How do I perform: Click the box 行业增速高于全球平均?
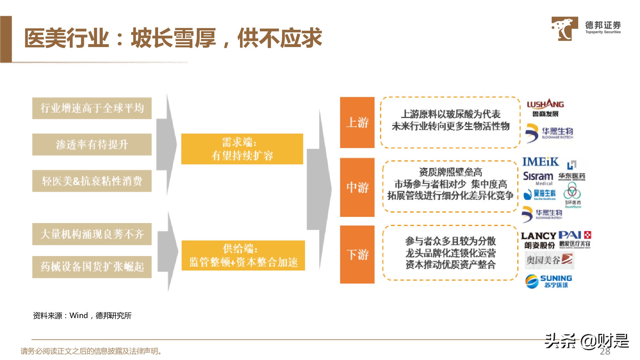[92, 108]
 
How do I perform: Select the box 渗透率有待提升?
[92, 145]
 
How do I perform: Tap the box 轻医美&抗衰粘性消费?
[92, 181]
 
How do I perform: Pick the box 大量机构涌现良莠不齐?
[92, 234]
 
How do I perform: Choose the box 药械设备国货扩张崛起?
[92, 267]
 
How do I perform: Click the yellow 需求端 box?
[242, 149]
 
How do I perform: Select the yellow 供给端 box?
[243, 255]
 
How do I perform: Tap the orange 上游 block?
[357, 122]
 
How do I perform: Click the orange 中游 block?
[357, 187]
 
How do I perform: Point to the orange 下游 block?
[357, 254]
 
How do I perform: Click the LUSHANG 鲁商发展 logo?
[545, 108]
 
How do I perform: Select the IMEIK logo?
[540, 162]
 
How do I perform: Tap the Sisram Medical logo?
[538, 178]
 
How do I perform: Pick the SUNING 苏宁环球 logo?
[548, 281]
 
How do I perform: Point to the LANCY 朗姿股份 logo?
[539, 240]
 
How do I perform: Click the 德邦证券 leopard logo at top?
[564, 28]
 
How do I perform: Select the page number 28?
[605, 351]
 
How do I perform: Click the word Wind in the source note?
[78, 316]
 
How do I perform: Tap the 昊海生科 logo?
[540, 194]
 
